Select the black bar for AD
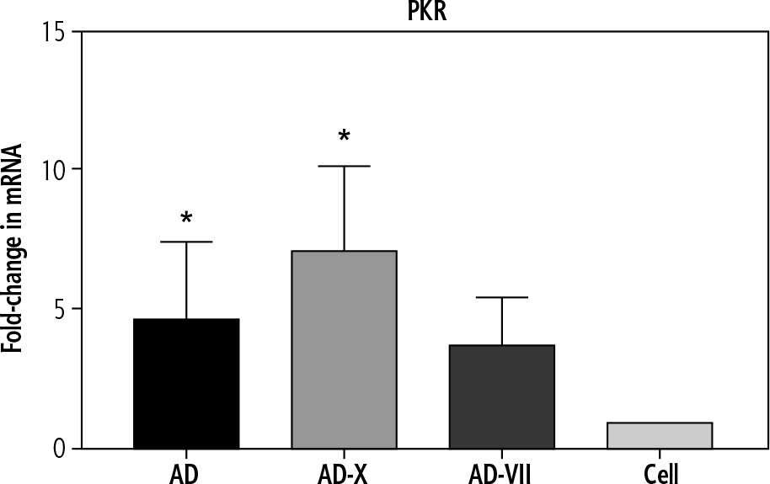pos(186,383)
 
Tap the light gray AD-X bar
pos(344,349)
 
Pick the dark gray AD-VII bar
pos(501,396)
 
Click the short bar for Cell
pos(660,435)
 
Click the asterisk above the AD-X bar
pos(344,136)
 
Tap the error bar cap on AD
pos(186,242)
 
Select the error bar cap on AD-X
pos(344,167)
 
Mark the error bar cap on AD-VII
pos(501,298)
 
